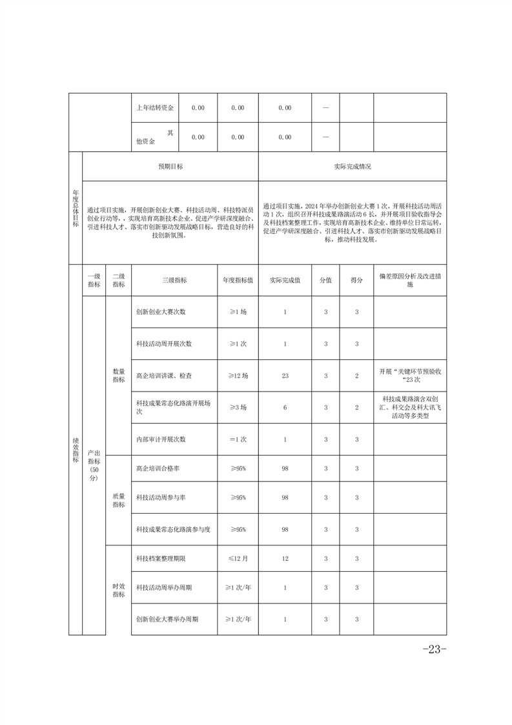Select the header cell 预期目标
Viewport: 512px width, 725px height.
pos(170,166)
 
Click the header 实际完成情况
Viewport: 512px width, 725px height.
pos(352,166)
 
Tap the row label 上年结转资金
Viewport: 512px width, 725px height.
pos(155,108)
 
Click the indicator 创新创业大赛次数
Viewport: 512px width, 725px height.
pos(161,311)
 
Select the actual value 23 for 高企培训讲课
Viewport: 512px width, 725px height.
pos(285,375)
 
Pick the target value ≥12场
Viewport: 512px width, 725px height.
pos(238,375)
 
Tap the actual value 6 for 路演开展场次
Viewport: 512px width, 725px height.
pos(285,408)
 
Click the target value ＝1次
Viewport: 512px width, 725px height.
pos(238,439)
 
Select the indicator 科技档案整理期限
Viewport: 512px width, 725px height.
pos(161,557)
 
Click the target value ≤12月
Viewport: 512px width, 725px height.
pos(238,557)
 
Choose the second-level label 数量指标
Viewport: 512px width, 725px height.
pos(119,375)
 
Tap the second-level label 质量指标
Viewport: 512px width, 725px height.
pos(119,499)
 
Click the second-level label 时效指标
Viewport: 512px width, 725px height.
pos(119,589)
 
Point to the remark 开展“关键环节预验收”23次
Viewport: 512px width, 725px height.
pos(409,375)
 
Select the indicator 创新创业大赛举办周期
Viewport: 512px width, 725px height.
pos(167,619)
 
